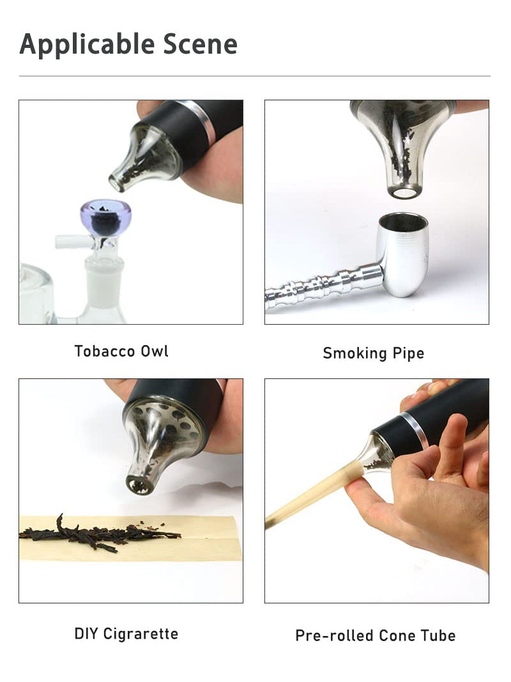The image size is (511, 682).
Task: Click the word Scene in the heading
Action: point(201,43)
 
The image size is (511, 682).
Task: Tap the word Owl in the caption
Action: point(153,351)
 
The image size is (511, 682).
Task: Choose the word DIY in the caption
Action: point(86,633)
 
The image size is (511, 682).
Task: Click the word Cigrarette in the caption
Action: point(141,633)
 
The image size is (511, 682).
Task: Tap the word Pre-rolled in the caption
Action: point(334,635)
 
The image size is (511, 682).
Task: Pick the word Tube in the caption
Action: point(438,635)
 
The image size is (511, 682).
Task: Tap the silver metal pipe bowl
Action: point(402,254)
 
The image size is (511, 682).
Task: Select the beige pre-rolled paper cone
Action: point(313,496)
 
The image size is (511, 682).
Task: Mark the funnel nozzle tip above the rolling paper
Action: point(139,485)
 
